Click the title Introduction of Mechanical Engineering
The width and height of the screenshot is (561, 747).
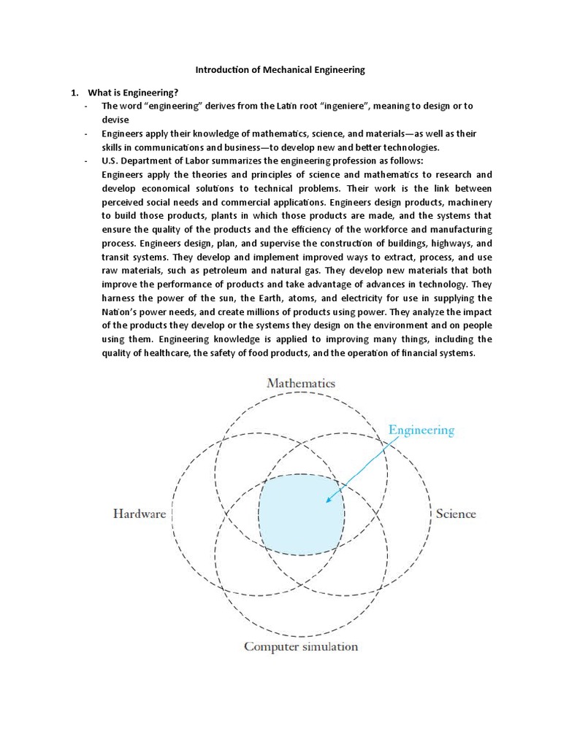click(x=280, y=71)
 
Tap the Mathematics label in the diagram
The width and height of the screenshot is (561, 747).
click(x=300, y=382)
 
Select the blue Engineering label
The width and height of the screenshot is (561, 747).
click(x=421, y=430)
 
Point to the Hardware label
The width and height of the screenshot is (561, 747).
click(x=140, y=514)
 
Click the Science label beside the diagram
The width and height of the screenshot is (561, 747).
click(x=456, y=514)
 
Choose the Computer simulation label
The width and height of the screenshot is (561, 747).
click(x=301, y=646)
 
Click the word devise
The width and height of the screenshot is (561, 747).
click(x=115, y=120)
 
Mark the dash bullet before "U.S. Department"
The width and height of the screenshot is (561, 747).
click(x=86, y=160)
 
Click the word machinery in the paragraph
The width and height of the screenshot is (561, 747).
click(x=468, y=202)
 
